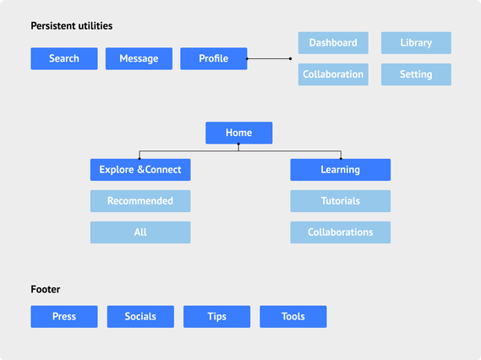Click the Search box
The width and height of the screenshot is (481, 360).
tap(64, 58)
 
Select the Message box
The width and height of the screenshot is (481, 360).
tap(139, 58)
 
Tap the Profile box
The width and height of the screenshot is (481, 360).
tap(214, 58)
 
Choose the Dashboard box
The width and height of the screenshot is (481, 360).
tap(333, 43)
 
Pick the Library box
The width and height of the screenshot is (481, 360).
tap(416, 43)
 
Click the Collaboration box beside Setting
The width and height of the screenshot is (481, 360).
tap(333, 74)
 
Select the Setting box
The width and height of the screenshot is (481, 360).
tap(416, 74)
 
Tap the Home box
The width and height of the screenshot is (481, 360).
tap(239, 133)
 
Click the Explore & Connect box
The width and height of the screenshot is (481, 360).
tap(140, 170)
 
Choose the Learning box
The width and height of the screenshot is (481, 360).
tap(341, 170)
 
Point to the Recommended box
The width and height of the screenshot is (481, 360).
tap(140, 201)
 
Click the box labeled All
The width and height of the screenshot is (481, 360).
tap(140, 232)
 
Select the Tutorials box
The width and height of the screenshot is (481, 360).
tap(341, 201)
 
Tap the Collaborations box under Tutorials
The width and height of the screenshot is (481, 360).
tap(341, 232)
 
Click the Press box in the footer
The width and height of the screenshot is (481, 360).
tap(64, 316)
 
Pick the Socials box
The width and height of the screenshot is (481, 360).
tap(140, 316)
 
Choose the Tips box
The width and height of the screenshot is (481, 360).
tap(217, 316)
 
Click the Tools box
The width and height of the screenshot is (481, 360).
tap(293, 316)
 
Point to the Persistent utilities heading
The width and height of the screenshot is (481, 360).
tap(72, 26)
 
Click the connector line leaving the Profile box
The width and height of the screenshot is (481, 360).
tap(269, 58)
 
